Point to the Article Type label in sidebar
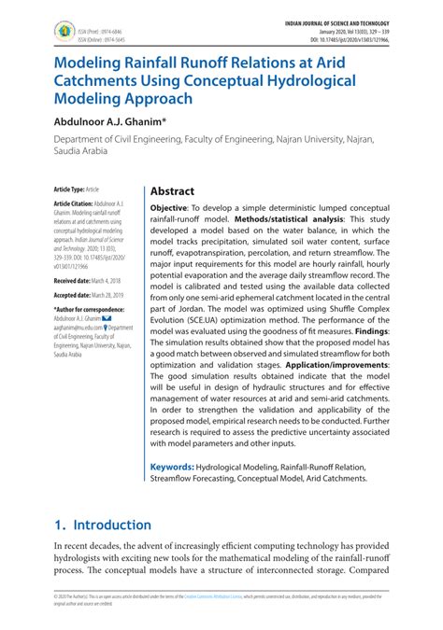[x=69, y=189]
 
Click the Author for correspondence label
[x=89, y=309]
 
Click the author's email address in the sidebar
[x=78, y=328]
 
